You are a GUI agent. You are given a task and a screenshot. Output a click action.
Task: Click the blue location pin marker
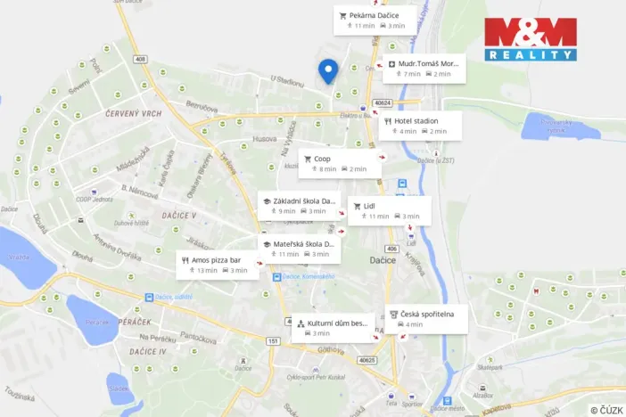328,70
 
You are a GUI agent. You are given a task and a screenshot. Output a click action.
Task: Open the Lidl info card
389,211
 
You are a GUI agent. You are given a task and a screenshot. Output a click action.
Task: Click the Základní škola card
299,206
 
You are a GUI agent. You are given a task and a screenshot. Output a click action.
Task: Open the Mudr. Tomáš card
424,69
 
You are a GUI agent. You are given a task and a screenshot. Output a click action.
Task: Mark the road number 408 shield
139,60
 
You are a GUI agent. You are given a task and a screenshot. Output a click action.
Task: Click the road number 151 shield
273,341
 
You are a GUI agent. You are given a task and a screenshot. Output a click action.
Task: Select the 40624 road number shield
383,102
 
